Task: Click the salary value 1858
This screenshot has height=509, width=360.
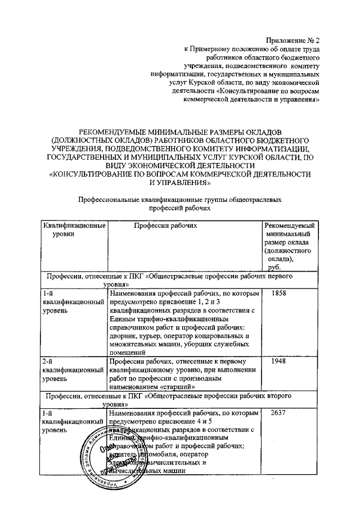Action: pos(279,294)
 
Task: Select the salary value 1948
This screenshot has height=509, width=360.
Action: pos(279,362)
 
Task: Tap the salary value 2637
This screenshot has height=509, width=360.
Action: pos(279,413)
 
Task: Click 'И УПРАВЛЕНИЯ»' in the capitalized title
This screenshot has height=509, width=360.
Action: pos(180,183)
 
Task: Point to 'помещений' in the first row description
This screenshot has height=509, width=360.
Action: pos(127,353)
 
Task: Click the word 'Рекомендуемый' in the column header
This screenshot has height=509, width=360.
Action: pos(290,226)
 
